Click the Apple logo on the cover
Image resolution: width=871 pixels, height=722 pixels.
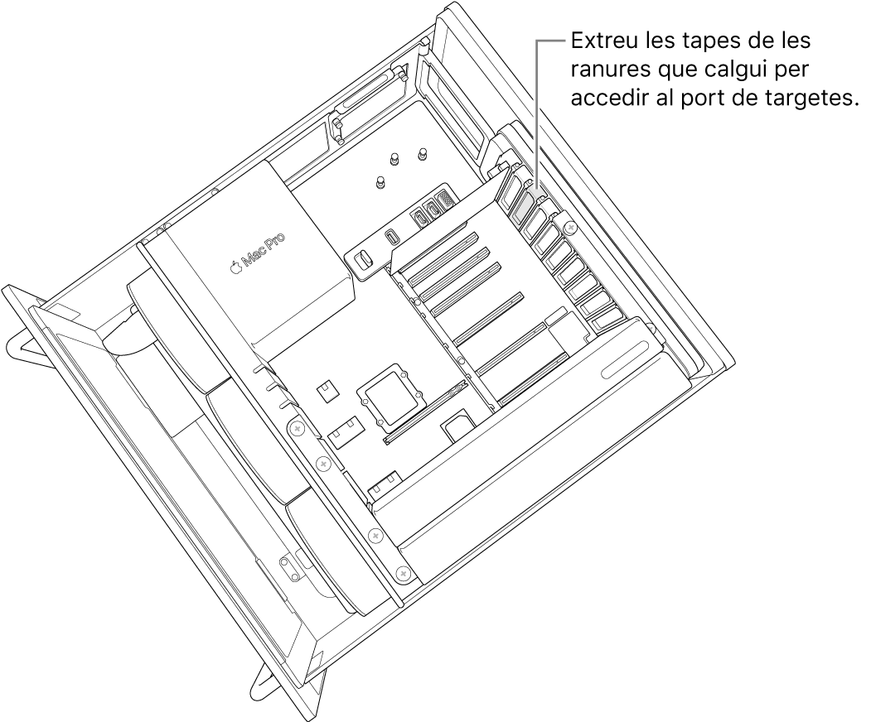236,266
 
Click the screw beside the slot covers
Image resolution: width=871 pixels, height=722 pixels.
569,225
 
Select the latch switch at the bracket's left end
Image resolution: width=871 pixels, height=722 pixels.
362,261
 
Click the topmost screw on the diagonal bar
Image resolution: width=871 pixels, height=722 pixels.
296,428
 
